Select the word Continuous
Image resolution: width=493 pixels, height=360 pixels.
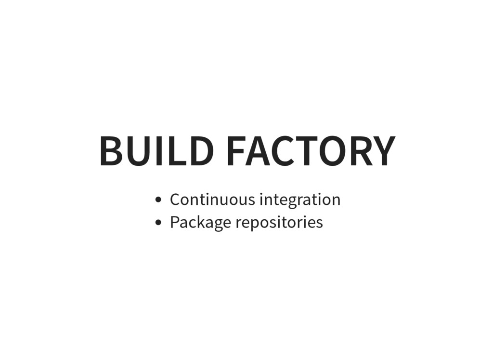[x=212, y=199]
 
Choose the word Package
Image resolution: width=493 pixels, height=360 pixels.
[x=200, y=223]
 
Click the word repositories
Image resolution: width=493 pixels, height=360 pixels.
[x=279, y=223]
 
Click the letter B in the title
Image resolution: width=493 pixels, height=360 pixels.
[x=110, y=151]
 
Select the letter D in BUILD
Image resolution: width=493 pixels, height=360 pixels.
[x=199, y=151]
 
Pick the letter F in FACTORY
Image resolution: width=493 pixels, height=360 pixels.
[x=235, y=151]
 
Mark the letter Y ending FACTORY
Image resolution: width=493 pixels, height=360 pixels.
[x=383, y=151]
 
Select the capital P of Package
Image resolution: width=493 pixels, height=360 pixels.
[x=175, y=222]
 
